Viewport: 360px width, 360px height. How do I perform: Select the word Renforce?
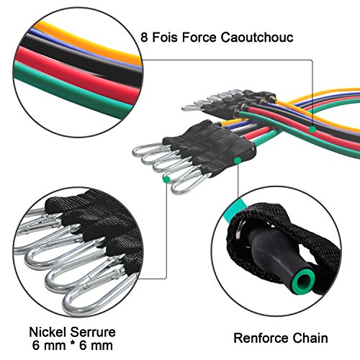[x=258, y=337]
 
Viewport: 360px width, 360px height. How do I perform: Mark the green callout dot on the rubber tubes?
[x=314, y=129]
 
